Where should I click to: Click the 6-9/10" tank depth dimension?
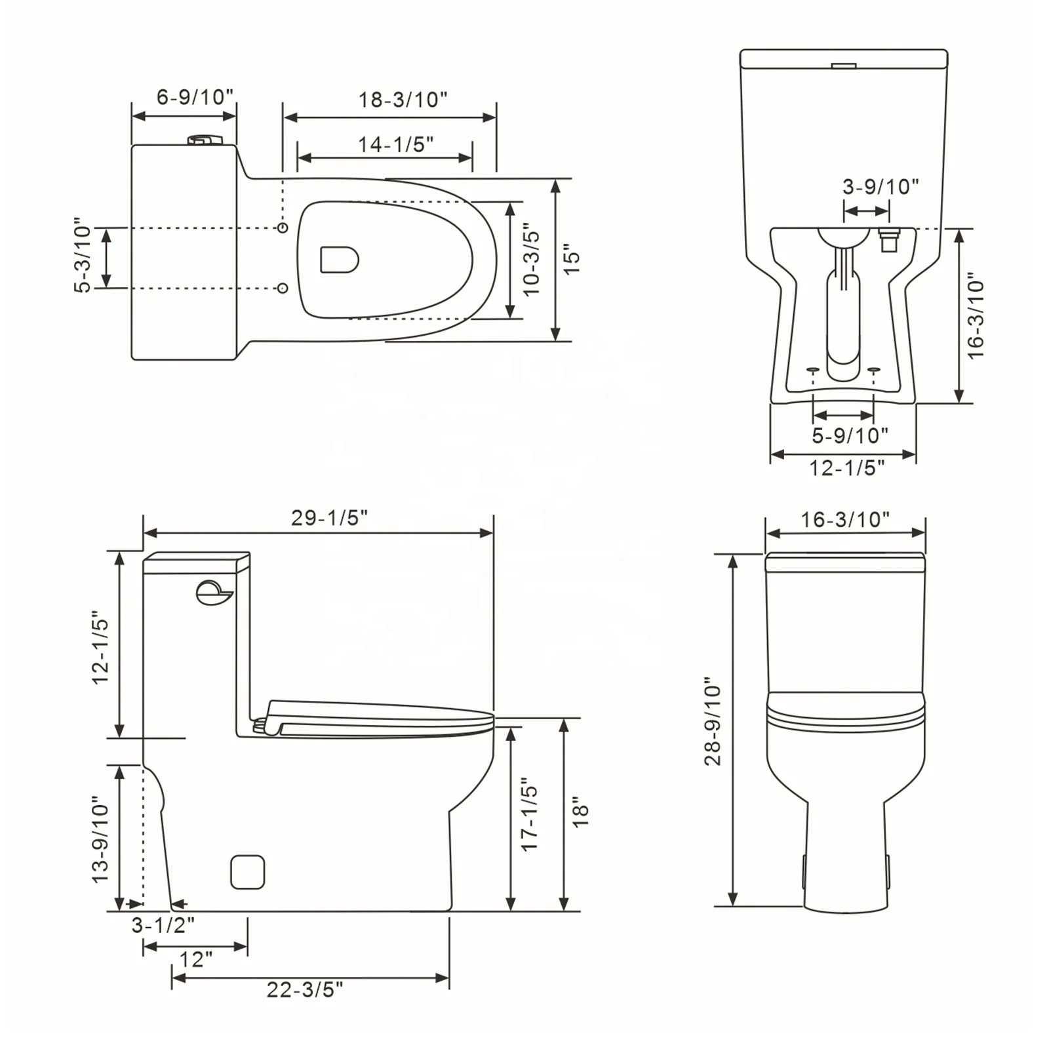click(x=195, y=97)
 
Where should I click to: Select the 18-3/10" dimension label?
click(x=402, y=100)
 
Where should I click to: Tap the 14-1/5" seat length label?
click(x=395, y=144)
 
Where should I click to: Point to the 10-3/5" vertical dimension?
click(x=531, y=262)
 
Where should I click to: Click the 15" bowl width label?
click(x=572, y=260)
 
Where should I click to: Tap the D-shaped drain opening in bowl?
click(x=339, y=260)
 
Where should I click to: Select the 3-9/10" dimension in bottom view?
click(x=880, y=187)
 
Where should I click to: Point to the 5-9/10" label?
click(x=849, y=435)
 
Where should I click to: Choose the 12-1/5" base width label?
click(x=846, y=468)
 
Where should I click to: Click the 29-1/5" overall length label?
click(x=329, y=518)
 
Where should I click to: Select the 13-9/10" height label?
click(x=100, y=839)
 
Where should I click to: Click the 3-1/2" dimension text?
click(x=163, y=925)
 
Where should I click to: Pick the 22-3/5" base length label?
click(x=304, y=989)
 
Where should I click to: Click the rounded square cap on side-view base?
click(x=248, y=872)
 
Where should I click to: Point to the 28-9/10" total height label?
click(x=713, y=721)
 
